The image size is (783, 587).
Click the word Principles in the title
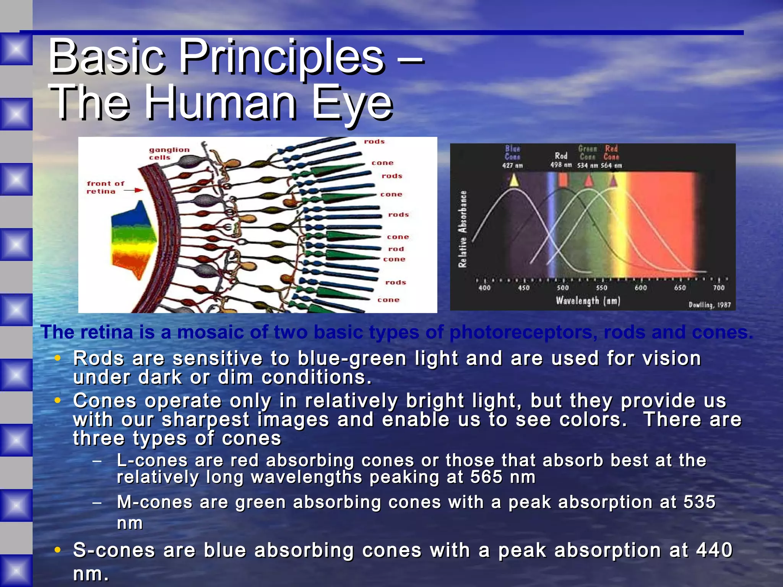pos(282,57)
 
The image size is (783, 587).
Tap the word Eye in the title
pos(352,102)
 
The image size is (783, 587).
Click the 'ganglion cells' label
pos(169,154)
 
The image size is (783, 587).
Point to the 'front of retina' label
pos(105,187)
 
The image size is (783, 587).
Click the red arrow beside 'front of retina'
pos(134,190)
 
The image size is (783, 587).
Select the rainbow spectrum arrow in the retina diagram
pos(134,241)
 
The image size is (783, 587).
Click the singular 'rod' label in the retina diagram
pos(396,249)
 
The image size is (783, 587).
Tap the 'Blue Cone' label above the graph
pos(512,152)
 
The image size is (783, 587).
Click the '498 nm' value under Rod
pos(561,165)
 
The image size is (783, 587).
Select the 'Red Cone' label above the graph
pos(611,152)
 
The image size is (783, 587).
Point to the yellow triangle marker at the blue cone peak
pos(514,180)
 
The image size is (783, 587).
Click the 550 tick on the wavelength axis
pos(601,288)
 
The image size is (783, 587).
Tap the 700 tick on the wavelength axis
pos(718,288)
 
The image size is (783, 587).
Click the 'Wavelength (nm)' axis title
pos(588,301)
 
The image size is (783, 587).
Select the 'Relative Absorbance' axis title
pos(463,229)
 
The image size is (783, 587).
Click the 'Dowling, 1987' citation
pos(709,305)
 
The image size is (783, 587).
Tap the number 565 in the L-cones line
pos(486,477)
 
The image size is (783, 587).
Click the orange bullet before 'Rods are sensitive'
pos(58,358)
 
